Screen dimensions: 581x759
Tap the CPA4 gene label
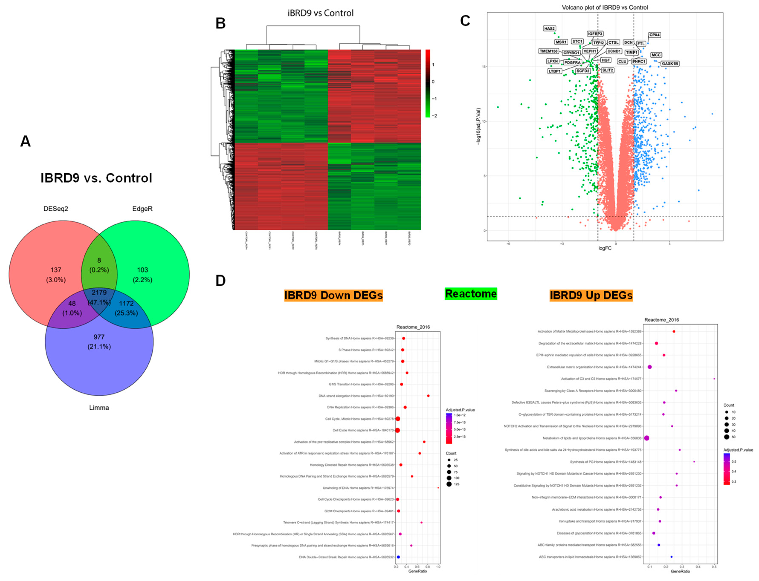click(654, 35)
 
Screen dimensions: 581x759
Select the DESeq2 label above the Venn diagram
click(56, 208)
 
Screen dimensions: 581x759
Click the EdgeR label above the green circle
click(142, 208)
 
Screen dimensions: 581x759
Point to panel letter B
click(220, 23)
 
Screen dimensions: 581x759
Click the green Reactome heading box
click(471, 294)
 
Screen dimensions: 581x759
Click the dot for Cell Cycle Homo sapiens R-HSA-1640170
click(397, 430)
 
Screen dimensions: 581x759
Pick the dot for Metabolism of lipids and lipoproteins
click(647, 438)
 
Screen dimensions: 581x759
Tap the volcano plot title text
click(604, 7)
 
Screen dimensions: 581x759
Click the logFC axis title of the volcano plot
click(605, 248)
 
